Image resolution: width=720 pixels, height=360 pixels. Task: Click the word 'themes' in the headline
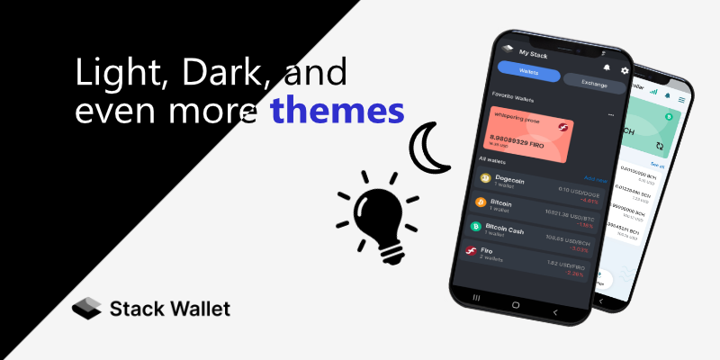click(336, 112)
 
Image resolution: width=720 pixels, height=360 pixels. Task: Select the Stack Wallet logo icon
click(86, 309)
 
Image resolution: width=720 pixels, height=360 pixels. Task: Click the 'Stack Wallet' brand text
click(169, 309)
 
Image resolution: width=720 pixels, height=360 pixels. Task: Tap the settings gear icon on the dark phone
click(625, 70)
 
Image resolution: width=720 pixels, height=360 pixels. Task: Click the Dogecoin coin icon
click(486, 178)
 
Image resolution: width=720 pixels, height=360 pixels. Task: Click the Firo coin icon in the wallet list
click(471, 252)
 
